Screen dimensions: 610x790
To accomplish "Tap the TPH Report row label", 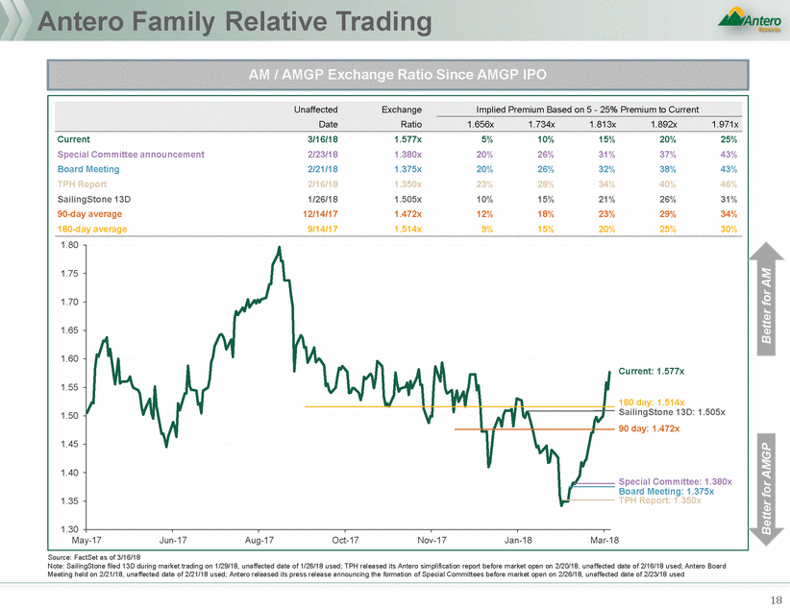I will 82,183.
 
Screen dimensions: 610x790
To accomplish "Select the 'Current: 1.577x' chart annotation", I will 651,370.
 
